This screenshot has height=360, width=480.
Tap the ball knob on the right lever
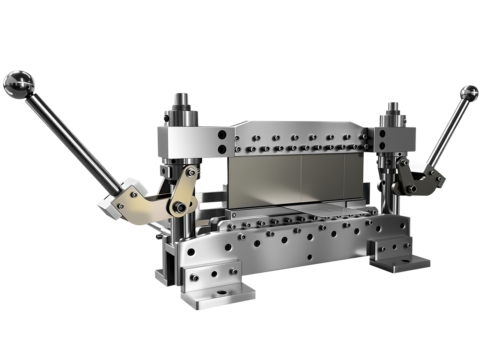pos(469,92)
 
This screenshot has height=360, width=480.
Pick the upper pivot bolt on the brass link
pos(192,172)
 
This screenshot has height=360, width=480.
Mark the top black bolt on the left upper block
pos(222,134)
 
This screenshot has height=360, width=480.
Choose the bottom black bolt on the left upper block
pos(222,147)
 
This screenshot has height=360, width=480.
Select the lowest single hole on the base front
pos(309,258)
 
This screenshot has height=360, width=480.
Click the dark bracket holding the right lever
pos(418,176)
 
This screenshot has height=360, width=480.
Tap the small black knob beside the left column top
pos(166,118)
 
